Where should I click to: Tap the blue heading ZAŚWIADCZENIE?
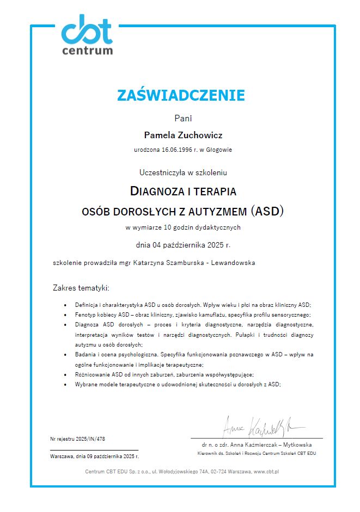click(181, 95)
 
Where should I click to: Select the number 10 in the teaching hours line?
click(169, 227)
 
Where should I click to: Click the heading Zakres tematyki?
click(81, 287)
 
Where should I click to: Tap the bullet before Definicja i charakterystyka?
click(65, 306)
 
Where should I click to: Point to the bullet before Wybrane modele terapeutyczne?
click(65, 384)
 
